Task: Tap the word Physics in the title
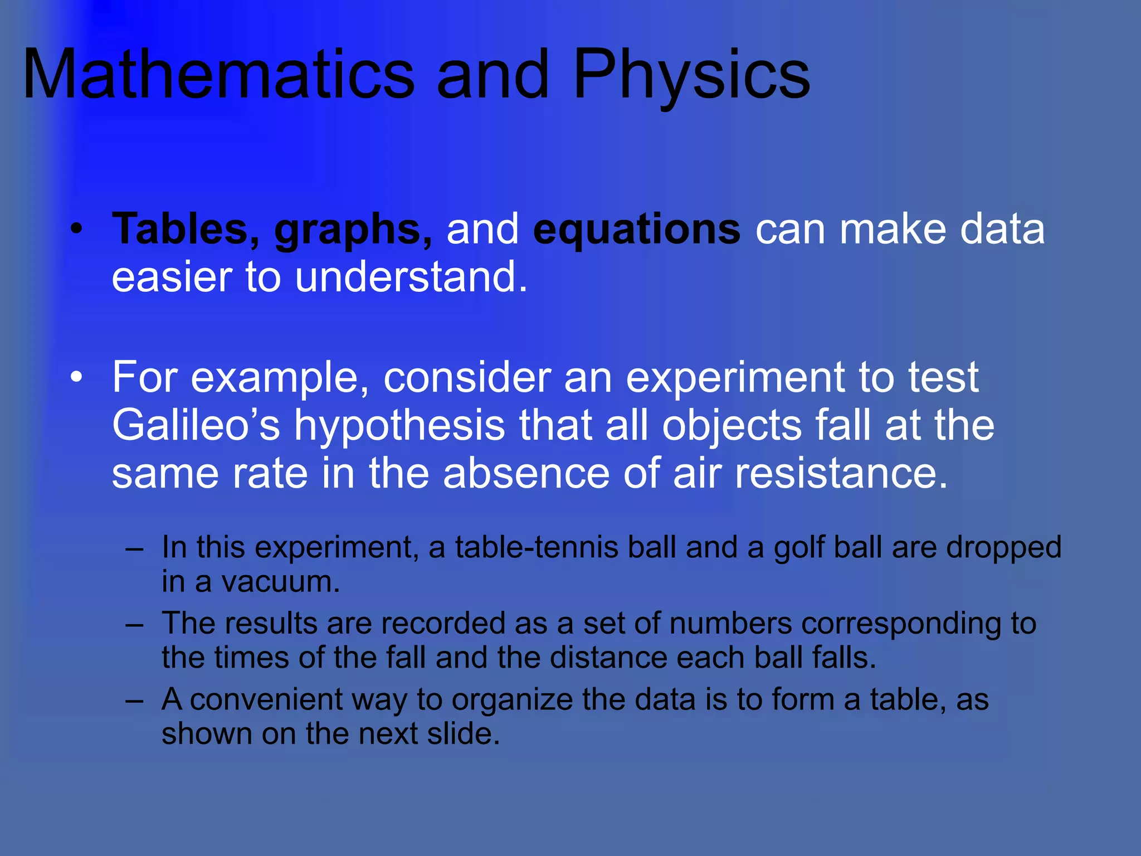(691, 75)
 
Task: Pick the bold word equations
(636, 230)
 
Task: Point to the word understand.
(411, 277)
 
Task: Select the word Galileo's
(196, 426)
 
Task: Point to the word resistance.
(841, 474)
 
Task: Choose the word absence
(526, 474)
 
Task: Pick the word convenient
(266, 700)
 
